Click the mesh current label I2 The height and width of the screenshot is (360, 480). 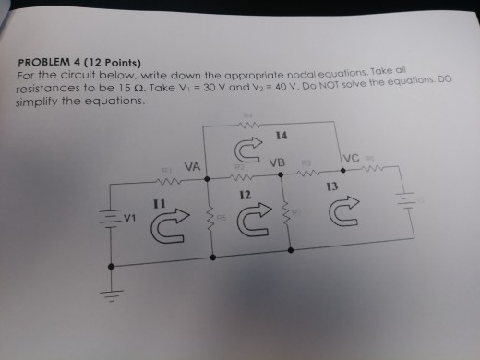point(245,196)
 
